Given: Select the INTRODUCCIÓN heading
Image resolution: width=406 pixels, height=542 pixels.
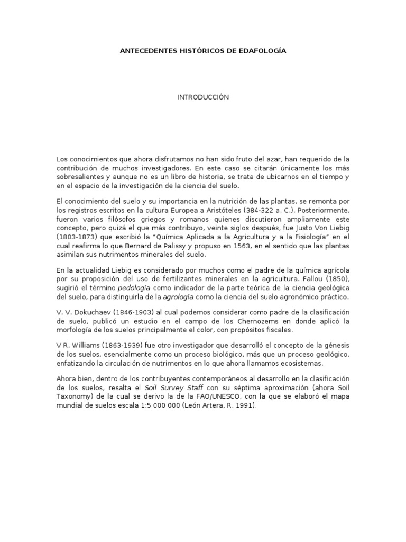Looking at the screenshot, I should pos(203,97).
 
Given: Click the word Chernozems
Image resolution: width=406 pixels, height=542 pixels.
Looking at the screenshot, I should pos(241,322).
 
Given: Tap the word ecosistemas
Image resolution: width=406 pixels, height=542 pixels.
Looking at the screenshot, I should pos(311,364).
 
